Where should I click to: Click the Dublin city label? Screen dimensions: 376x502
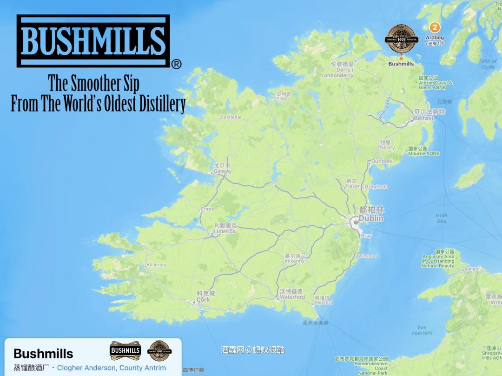coord(371,218)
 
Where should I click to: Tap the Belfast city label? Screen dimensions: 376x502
coord(423,118)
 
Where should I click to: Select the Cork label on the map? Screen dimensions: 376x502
coord(203,300)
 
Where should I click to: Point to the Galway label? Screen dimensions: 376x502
coord(223,171)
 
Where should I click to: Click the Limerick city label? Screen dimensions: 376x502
coord(225,231)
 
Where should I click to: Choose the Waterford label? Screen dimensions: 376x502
coord(292,297)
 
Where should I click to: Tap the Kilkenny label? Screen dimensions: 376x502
coord(295,261)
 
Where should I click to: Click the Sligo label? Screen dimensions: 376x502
coord(282,99)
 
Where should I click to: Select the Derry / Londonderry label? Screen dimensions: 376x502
coord(337,73)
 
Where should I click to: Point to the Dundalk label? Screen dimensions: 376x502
coord(382,161)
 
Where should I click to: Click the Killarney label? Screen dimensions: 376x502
coord(156,265)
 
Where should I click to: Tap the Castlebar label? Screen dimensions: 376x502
coord(231,118)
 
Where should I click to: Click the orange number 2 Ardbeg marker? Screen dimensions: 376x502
coord(435,26)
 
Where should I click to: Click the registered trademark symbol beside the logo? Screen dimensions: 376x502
coord(176,65)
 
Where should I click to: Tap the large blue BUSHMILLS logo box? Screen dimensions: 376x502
coord(93,41)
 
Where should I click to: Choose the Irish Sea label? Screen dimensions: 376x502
coord(441,218)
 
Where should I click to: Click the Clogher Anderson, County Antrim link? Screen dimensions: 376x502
coord(111,368)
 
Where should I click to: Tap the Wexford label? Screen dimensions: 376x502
coord(324,302)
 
